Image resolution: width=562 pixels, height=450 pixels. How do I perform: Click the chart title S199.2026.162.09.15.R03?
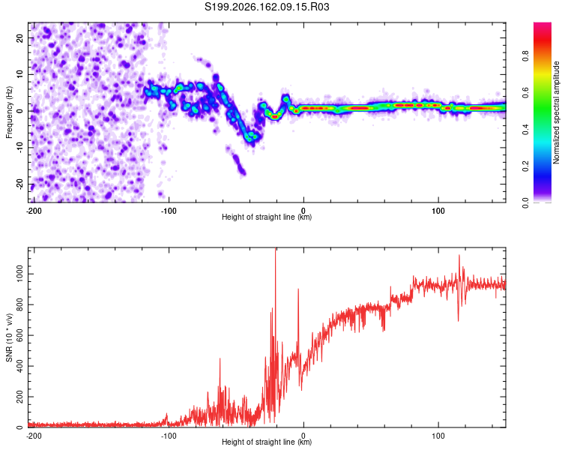[x=267, y=7]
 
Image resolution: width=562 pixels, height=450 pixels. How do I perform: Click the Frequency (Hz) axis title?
[x=9, y=112]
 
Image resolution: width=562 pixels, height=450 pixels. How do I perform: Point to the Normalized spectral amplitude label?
[x=556, y=112]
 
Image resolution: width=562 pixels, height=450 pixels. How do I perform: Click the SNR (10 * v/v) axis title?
[x=9, y=337]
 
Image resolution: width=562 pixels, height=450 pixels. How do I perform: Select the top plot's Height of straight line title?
[x=267, y=217]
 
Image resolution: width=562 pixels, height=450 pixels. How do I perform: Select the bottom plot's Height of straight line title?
[x=267, y=442]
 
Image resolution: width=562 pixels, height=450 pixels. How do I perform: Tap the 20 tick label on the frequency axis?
[x=19, y=38]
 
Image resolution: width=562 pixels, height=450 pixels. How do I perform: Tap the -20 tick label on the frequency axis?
[x=19, y=184]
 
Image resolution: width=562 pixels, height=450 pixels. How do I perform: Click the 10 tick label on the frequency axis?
[x=19, y=74]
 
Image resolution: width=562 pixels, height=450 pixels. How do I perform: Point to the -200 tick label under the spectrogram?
[x=34, y=211]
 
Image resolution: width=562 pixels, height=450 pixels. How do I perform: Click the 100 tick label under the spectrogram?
[x=438, y=211]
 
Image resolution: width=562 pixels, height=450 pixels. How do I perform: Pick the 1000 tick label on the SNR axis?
[x=19, y=274]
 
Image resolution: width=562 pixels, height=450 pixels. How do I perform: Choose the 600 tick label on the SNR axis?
[x=19, y=335]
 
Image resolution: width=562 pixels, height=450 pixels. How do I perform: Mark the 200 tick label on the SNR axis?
[x=19, y=397]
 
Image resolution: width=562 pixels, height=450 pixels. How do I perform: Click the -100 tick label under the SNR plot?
[x=169, y=436]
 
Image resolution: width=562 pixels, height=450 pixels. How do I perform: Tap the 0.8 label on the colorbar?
[x=525, y=56]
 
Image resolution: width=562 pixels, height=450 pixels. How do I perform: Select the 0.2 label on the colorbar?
[x=525, y=166]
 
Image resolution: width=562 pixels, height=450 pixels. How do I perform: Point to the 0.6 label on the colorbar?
[x=525, y=92]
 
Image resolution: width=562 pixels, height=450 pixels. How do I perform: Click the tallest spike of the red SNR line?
[x=275, y=249]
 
